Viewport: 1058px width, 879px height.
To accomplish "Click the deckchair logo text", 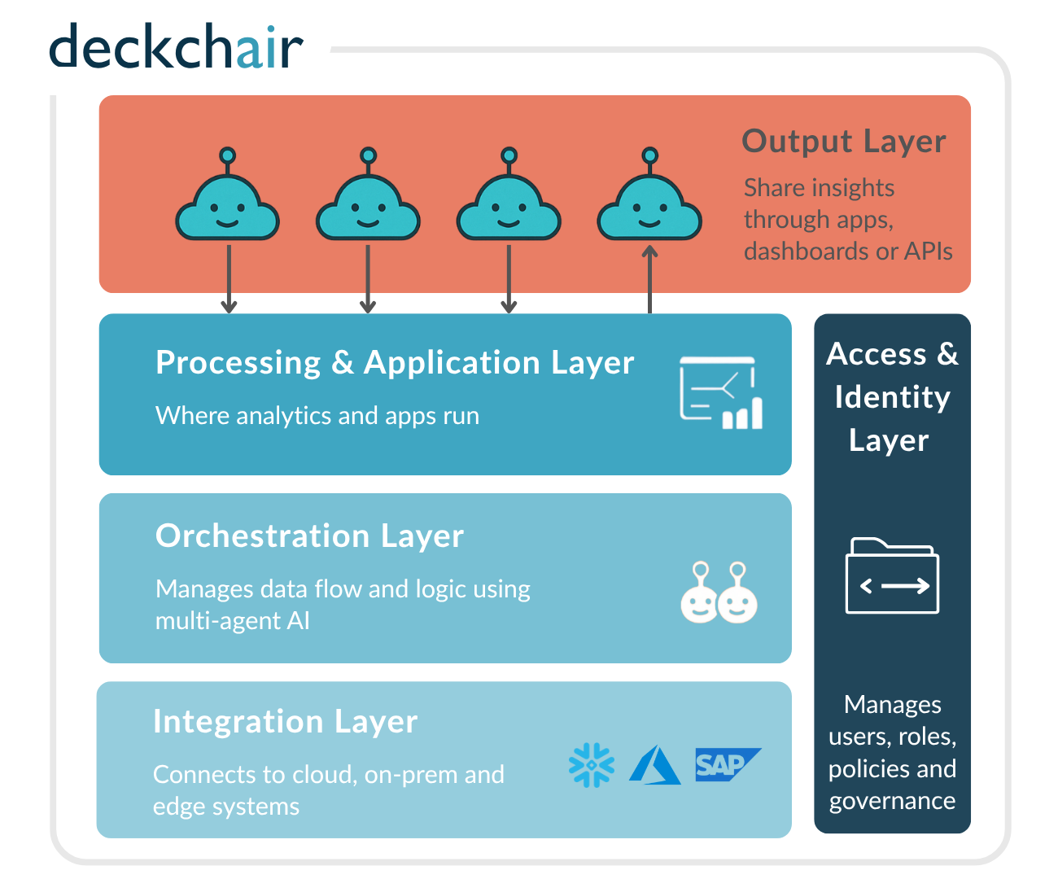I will click(x=176, y=47).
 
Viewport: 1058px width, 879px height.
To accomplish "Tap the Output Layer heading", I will click(x=844, y=141).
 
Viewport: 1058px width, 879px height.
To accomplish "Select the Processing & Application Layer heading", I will click(x=395, y=362).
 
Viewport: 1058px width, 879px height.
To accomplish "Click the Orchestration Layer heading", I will click(x=309, y=536).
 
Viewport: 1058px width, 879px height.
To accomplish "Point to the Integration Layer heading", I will click(x=286, y=721).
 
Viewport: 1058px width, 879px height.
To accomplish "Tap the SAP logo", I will click(x=726, y=764).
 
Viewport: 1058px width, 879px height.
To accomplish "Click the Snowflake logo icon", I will click(x=592, y=765).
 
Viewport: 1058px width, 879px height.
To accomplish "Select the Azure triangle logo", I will click(x=655, y=765).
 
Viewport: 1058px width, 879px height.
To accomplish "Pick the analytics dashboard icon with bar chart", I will click(x=721, y=392).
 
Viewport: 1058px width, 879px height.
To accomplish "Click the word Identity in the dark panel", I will click(x=892, y=397).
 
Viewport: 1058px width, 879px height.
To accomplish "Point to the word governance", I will click(x=892, y=801).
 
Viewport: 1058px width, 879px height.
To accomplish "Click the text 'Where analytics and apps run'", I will click(x=317, y=416).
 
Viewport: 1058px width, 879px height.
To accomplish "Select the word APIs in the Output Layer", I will click(x=928, y=251).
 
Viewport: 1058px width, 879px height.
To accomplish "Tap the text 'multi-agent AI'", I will click(x=233, y=621).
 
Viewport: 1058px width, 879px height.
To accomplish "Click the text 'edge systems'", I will click(x=226, y=807).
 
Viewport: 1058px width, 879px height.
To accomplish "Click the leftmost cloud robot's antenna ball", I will click(x=228, y=155).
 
